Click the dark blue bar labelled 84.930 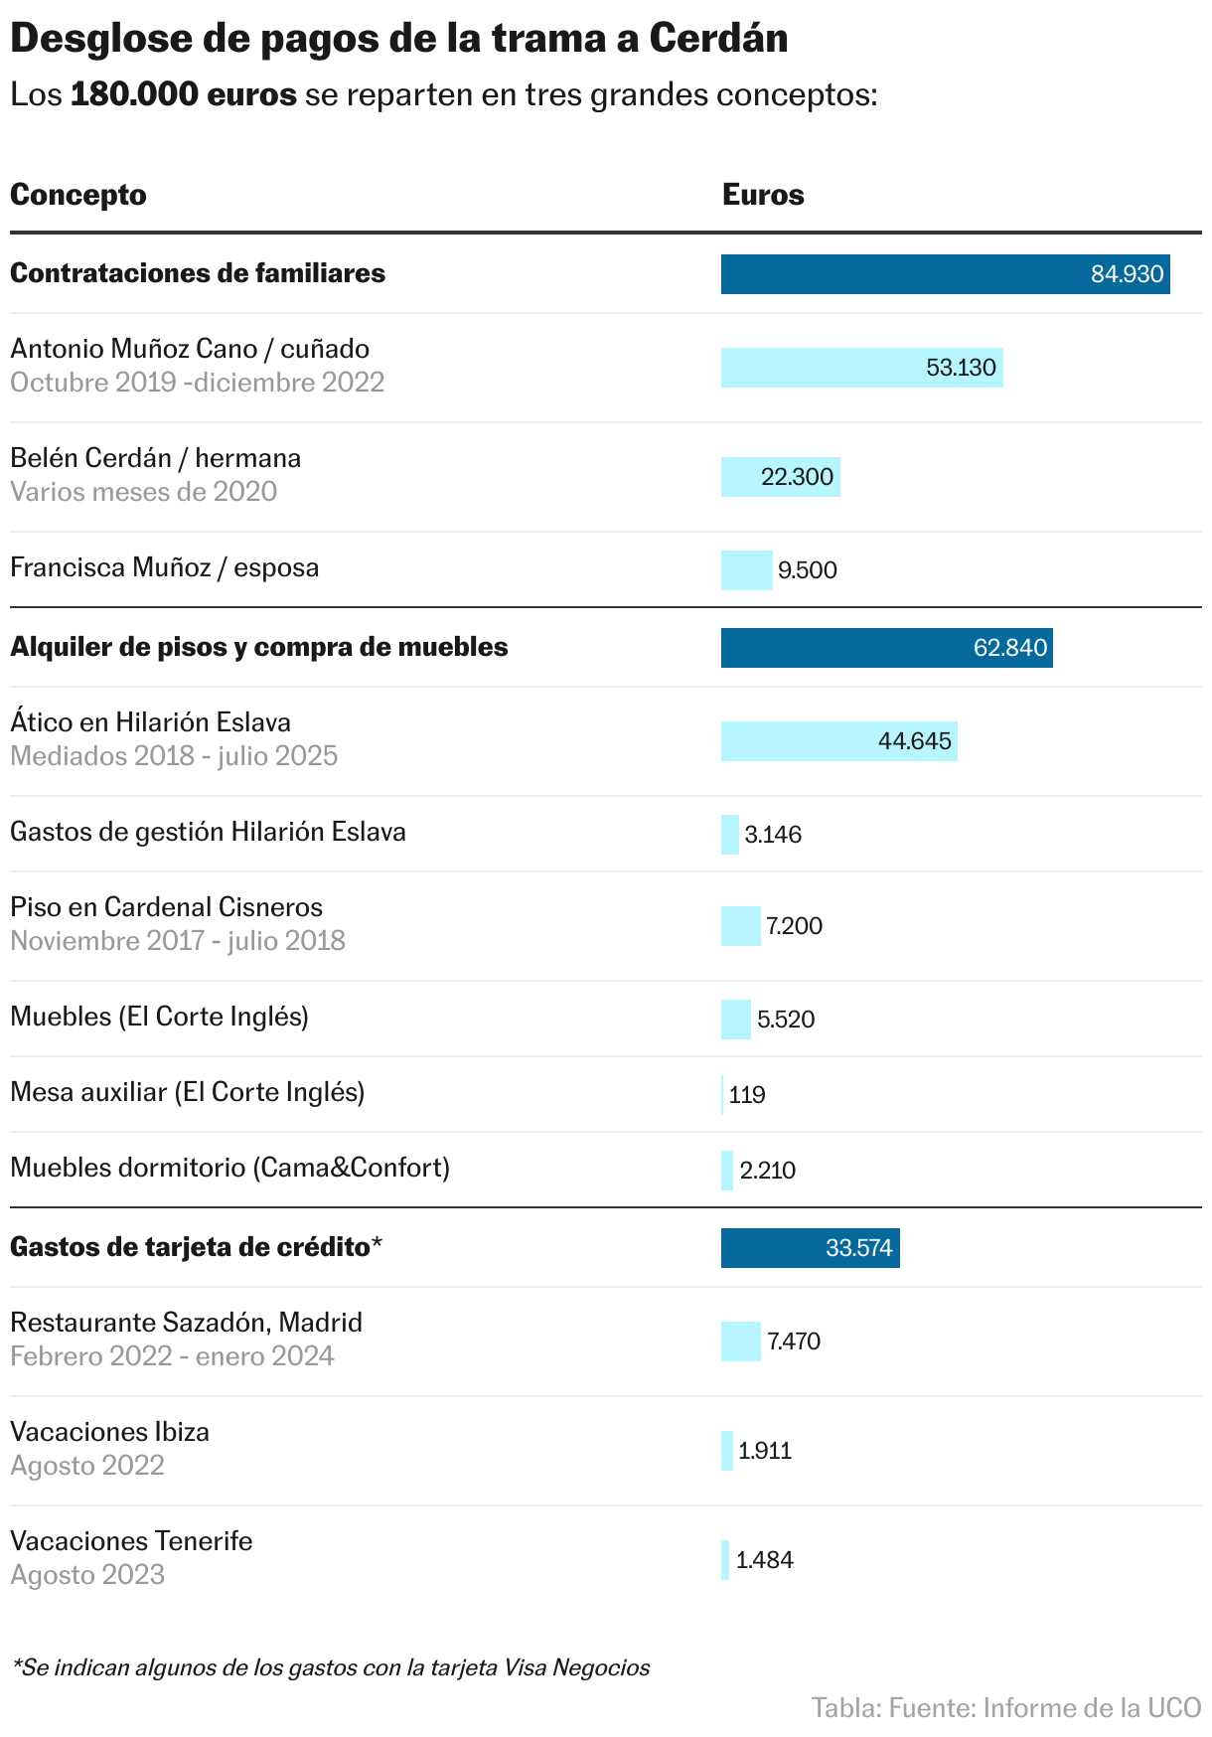coord(944,274)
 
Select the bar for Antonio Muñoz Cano coord(860,368)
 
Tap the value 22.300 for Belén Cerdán coord(797,477)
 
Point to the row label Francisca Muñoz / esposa coord(165,567)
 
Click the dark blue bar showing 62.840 coord(885,648)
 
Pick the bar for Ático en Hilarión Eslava coord(837,741)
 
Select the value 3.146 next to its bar coord(773,835)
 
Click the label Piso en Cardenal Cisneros coord(167,907)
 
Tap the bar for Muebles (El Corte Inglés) coord(735,1020)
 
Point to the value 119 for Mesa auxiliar coord(747,1095)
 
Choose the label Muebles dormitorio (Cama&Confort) coord(229,1168)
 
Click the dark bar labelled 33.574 coord(809,1248)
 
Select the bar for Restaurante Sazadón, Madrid coord(740,1342)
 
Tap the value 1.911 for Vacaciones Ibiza coord(765,1451)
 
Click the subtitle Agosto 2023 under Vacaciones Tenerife coord(87,1575)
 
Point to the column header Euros coord(763,195)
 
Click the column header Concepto coord(78,195)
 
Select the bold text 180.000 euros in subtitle coord(184,95)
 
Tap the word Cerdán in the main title coord(718,39)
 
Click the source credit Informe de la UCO coord(1092,1708)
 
